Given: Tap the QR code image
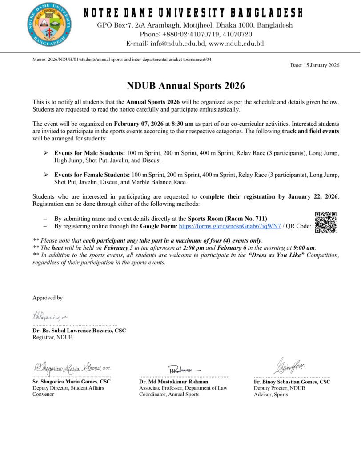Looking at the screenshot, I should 325,223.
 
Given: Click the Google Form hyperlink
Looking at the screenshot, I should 229,226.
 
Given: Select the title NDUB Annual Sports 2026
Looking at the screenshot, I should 186,86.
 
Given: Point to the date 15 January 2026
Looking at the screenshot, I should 315,65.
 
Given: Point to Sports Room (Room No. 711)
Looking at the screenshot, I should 227,219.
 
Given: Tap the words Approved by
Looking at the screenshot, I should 48,298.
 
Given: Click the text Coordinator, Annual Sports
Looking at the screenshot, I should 169,394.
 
